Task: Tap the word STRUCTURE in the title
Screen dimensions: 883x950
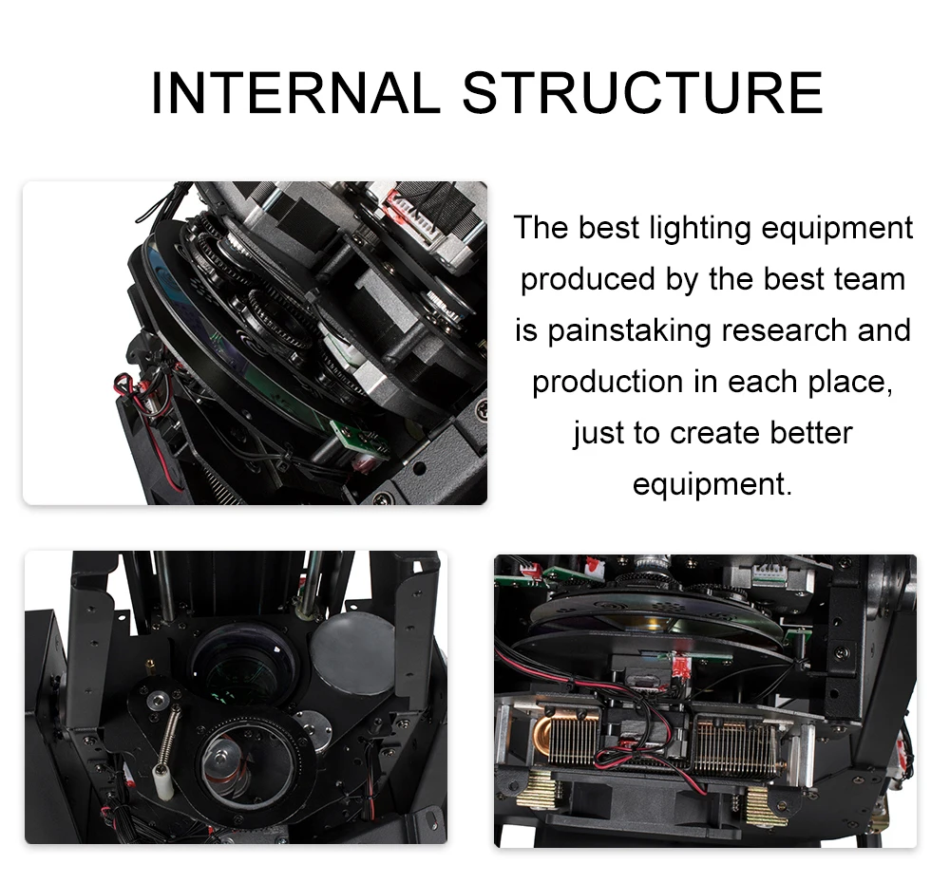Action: pyautogui.click(x=642, y=93)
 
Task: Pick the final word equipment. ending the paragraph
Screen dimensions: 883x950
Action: pyautogui.click(x=712, y=484)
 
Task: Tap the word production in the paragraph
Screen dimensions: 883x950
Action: pyautogui.click(x=607, y=382)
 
